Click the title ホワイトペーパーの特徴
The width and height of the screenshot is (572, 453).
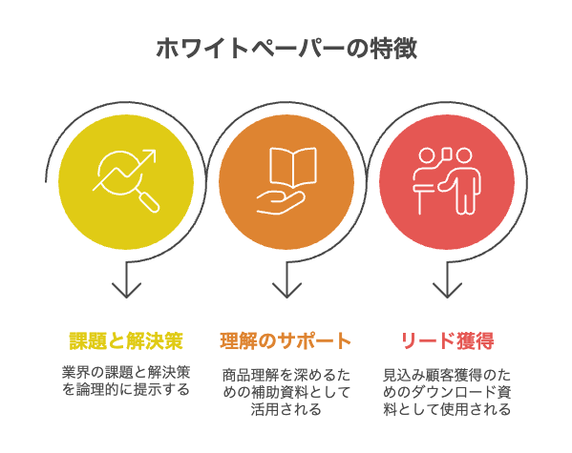(x=286, y=48)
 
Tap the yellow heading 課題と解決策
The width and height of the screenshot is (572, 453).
(x=126, y=340)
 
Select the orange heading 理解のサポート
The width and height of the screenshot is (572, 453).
(x=286, y=340)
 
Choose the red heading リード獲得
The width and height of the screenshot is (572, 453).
(x=447, y=340)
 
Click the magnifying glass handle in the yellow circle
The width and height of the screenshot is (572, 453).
(x=150, y=202)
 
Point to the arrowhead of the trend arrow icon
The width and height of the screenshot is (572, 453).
(x=150, y=154)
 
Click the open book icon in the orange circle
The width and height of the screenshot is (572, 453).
(x=292, y=168)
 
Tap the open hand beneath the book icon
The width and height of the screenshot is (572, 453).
(x=280, y=202)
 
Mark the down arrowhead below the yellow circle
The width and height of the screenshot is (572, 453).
(x=126, y=290)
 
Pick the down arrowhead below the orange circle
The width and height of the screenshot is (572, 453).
(x=286, y=290)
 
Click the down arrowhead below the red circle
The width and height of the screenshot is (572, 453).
(x=447, y=290)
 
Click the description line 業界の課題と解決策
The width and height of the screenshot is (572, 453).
(x=126, y=373)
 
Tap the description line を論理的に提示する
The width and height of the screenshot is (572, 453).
(x=126, y=390)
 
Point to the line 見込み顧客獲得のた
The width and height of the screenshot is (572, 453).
(x=447, y=375)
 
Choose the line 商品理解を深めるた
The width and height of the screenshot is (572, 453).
(x=286, y=375)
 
